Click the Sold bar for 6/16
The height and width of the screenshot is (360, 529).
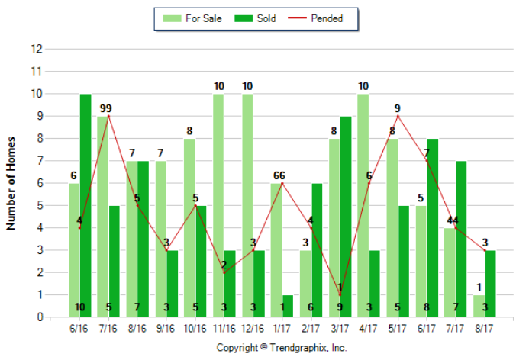click(85, 205)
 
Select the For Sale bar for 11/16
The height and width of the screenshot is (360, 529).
click(218, 205)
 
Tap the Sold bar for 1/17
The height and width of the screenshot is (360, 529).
click(288, 306)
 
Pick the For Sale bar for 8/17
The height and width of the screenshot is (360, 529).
click(479, 306)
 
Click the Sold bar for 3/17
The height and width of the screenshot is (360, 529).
click(346, 217)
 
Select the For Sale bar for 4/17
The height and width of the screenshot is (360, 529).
click(363, 205)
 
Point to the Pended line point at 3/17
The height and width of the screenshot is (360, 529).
click(340, 295)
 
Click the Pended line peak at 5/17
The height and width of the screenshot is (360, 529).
click(398, 116)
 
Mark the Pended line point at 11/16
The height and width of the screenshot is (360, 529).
click(224, 272)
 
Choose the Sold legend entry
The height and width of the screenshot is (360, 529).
click(256, 18)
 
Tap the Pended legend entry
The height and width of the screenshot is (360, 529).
click(316, 18)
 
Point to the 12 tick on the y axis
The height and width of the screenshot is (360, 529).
click(36, 49)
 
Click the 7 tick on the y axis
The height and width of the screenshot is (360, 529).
click(36, 161)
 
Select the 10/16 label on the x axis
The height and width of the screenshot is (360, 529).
click(195, 329)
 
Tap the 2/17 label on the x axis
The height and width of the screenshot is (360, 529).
click(311, 329)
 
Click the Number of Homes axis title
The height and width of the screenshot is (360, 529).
click(11, 183)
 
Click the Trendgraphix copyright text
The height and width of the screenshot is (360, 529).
click(282, 347)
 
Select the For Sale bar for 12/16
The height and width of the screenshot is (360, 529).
click(247, 205)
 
